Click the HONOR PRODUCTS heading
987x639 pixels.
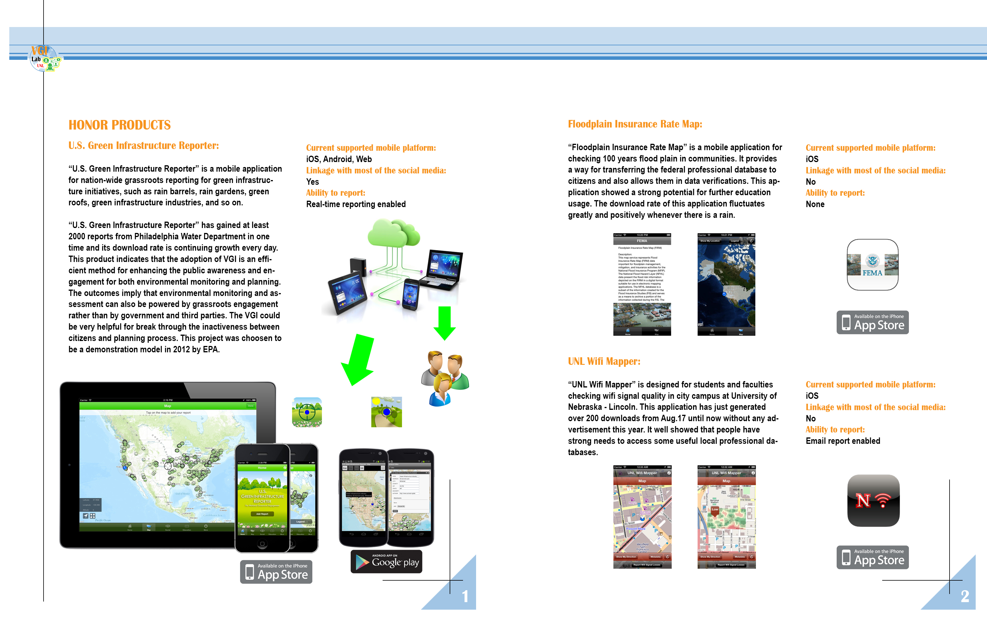119,125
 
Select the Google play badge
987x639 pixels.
386,561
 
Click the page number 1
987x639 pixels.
465,596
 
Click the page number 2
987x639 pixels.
965,596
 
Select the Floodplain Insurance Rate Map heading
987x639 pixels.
635,124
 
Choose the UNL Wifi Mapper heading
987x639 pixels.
604,361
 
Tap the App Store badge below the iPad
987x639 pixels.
276,572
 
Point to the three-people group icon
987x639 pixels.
444,378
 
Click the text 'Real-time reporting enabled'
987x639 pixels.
356,204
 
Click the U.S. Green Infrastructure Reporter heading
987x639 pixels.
143,146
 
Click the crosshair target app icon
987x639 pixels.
307,412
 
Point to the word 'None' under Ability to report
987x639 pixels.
815,204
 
